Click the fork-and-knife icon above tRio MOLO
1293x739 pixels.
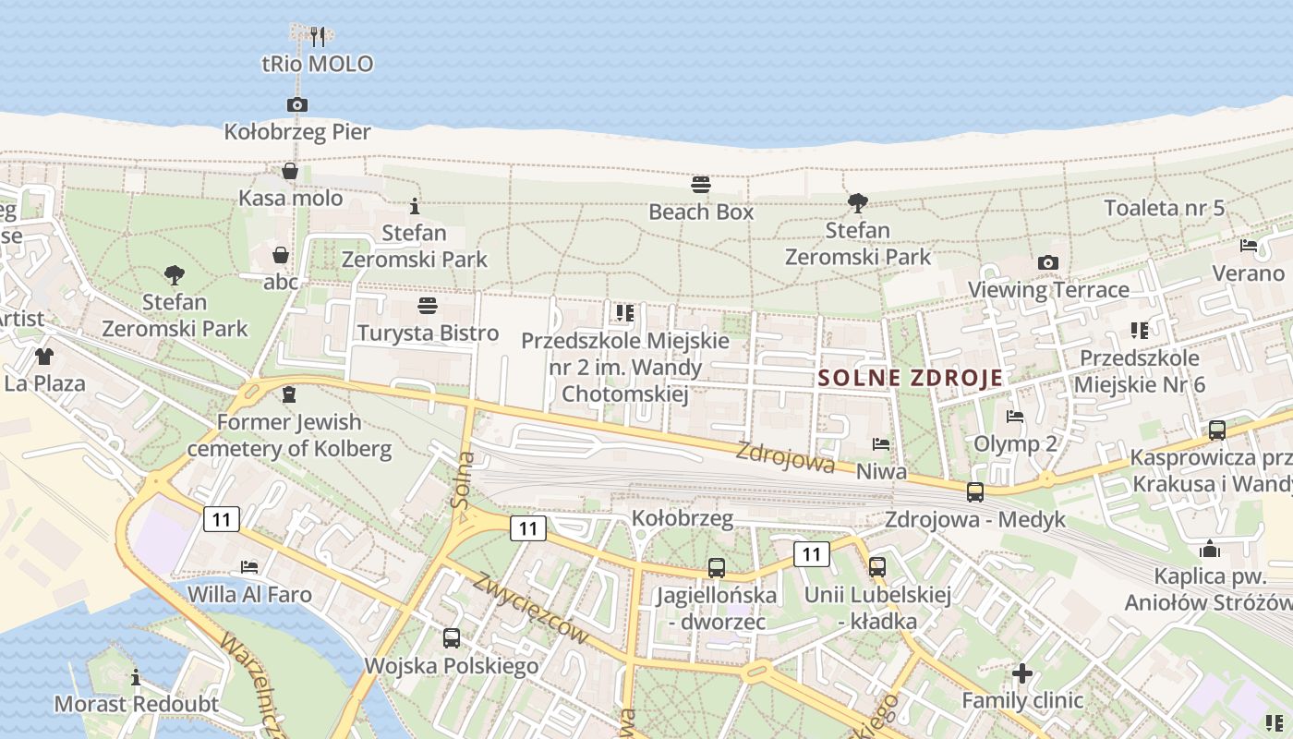pos(318,36)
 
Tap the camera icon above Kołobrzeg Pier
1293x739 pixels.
pos(296,104)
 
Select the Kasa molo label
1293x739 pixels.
pos(290,198)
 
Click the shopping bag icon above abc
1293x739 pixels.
pos(281,254)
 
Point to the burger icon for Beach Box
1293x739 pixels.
pos(700,185)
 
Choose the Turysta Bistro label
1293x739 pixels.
pos(428,333)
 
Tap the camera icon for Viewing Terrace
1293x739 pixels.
pos(1047,262)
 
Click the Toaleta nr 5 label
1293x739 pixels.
pos(1164,207)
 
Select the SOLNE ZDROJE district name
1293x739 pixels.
pos(910,377)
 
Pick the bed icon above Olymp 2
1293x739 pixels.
pos(1015,416)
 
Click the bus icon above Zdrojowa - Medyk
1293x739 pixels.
pos(974,491)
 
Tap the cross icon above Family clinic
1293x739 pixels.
pos(1021,672)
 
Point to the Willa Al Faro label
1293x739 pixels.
pos(249,593)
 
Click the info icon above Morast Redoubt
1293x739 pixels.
pos(136,677)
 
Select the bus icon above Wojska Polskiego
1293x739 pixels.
pos(451,637)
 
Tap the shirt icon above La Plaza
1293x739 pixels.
pos(43,356)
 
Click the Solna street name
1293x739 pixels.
pos(464,480)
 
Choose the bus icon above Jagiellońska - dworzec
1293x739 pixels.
pos(716,567)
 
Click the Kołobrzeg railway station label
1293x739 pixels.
pos(683,517)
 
